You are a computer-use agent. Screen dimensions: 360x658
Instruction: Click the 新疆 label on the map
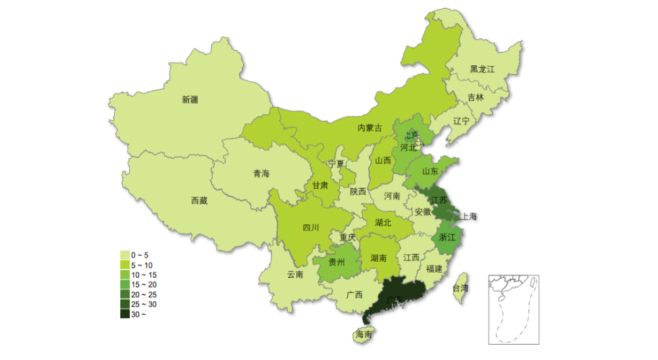(x=190, y=100)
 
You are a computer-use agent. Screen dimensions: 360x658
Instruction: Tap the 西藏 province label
(x=199, y=201)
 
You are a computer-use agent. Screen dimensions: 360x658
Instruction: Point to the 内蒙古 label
(x=369, y=128)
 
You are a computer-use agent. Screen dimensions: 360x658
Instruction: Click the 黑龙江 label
(x=482, y=68)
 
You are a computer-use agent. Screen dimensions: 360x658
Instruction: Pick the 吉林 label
(x=475, y=97)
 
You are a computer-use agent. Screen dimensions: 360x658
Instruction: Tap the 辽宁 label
(x=461, y=121)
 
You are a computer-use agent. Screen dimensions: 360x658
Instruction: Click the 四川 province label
(x=311, y=228)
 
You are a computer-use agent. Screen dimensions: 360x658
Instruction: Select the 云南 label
(x=295, y=274)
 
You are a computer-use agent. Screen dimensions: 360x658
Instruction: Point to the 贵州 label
(x=336, y=262)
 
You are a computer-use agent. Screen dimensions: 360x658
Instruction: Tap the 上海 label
(x=469, y=215)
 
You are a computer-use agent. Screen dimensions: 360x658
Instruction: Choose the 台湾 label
(x=461, y=288)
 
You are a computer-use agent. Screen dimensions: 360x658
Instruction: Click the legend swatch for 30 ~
(x=124, y=314)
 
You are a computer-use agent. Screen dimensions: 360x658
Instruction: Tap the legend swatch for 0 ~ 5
(x=124, y=254)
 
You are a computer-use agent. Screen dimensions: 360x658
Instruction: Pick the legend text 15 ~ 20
(x=143, y=284)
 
